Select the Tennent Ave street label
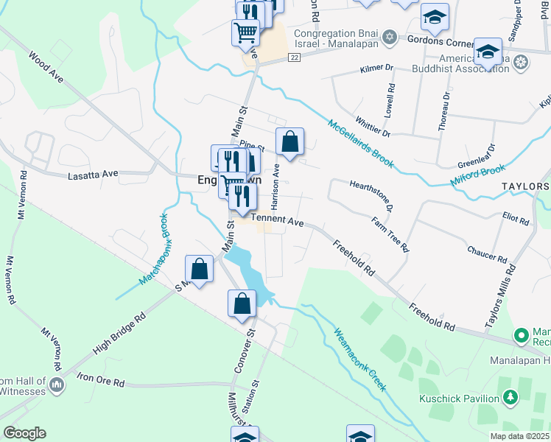[278, 220]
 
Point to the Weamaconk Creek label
[360, 359]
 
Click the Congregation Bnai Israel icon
[390, 38]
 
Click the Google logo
[24, 433]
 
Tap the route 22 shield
[293, 57]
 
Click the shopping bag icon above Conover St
[242, 302]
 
